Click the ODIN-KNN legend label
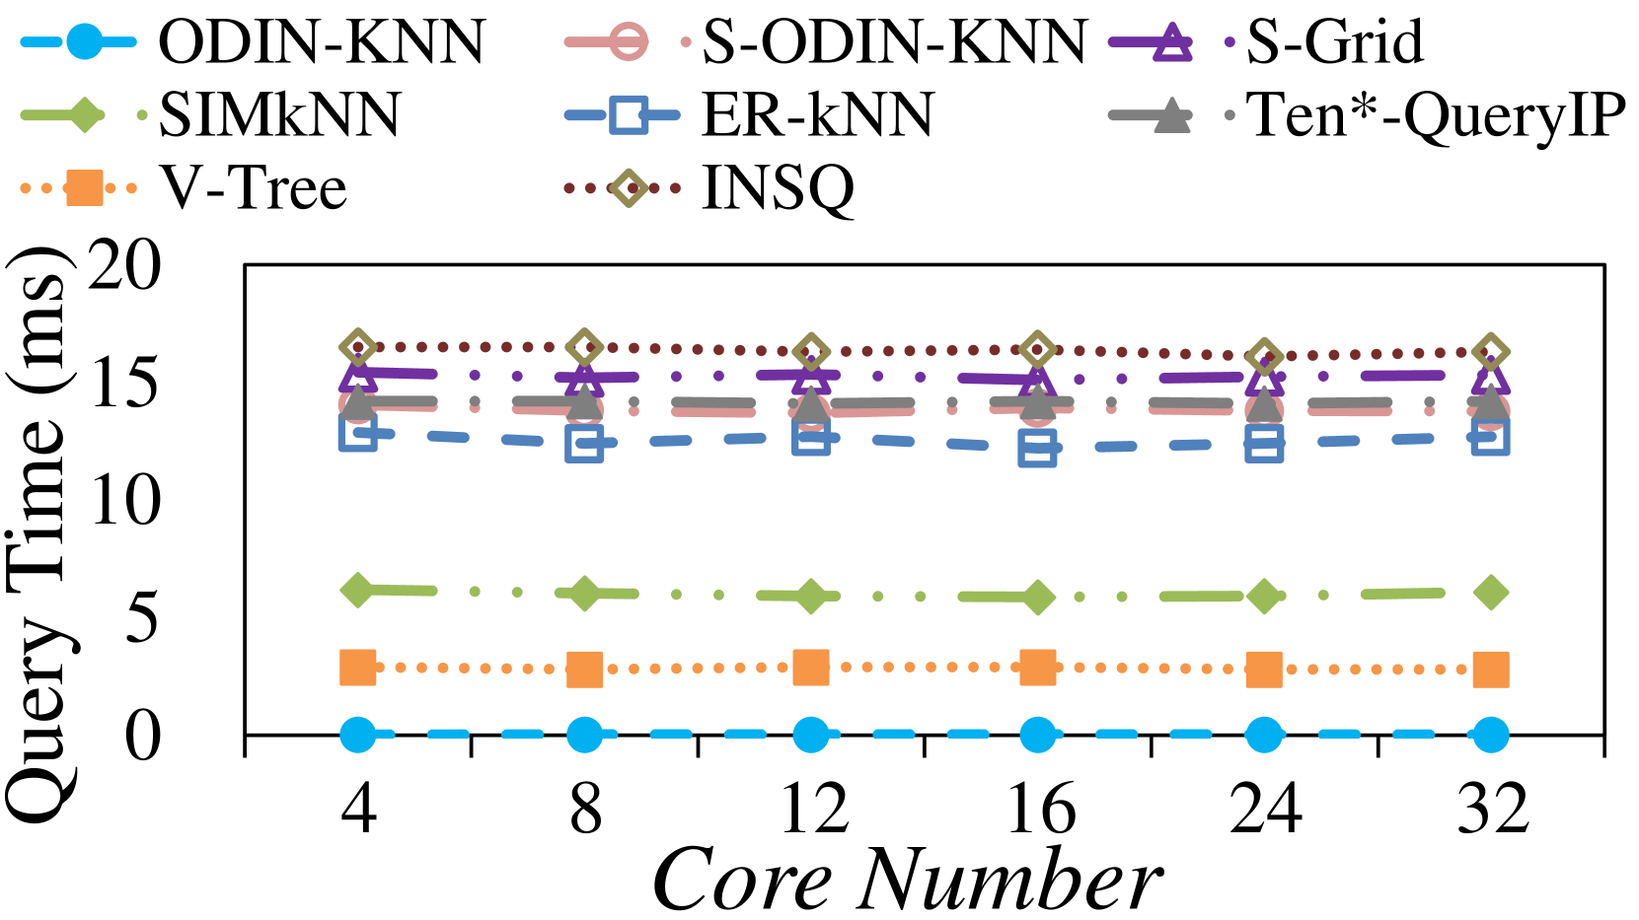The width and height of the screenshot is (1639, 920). tap(321, 42)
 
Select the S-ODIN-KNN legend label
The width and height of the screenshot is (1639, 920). tap(893, 42)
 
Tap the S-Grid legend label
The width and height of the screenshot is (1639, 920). tap(1334, 42)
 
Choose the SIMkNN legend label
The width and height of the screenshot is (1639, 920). tap(279, 115)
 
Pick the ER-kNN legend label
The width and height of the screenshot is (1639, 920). tap(817, 115)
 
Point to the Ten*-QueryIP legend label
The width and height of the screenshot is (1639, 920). tap(1436, 115)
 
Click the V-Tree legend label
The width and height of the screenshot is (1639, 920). tap(254, 187)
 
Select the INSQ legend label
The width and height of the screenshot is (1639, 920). tap(778, 187)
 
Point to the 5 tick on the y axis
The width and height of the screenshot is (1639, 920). tap(142, 618)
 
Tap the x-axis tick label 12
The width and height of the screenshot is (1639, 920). tap(813, 810)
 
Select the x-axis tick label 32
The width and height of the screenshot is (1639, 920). tap(1492, 810)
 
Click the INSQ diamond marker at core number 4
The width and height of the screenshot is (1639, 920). tap(358, 347)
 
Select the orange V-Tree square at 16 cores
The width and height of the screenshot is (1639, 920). tap(1038, 668)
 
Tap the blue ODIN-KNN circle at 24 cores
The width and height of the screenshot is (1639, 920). tap(1264, 735)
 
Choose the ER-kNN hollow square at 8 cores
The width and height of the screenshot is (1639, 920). tap(584, 444)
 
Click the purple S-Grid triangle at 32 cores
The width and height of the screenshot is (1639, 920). tap(1491, 376)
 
